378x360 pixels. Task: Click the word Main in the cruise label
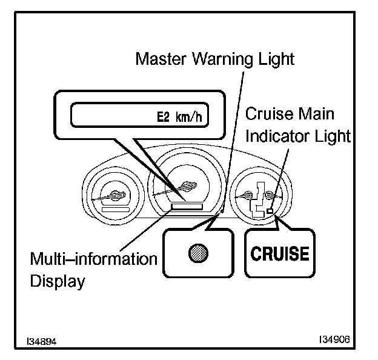(316, 114)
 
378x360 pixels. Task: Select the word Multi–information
(94, 259)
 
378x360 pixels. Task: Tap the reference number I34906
(335, 340)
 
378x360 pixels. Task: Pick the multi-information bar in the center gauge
(186, 207)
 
